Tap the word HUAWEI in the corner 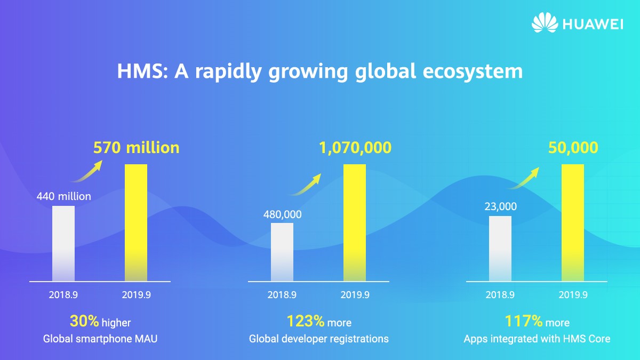(592, 24)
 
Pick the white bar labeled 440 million (63, 243)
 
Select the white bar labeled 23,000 (500, 249)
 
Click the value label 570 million (137, 148)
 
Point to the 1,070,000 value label (355, 148)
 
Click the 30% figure (84, 321)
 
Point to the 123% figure (306, 321)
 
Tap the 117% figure (524, 321)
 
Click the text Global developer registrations (319, 339)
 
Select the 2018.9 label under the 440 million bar (63, 294)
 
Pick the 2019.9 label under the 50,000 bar (573, 294)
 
